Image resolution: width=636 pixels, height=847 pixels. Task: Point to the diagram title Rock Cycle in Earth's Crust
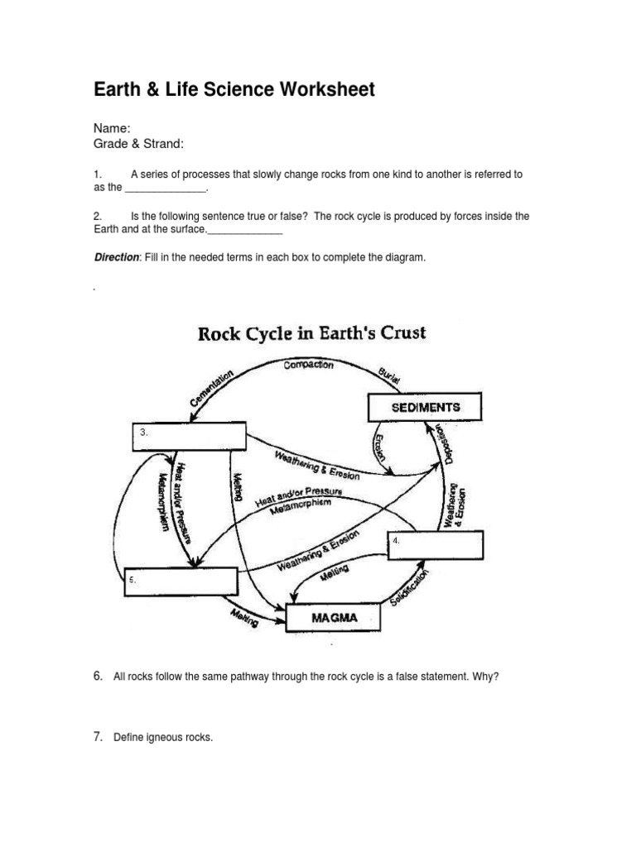tap(311, 334)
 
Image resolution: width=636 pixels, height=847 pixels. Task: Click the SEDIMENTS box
tap(423, 407)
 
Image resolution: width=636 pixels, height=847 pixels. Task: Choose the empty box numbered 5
tap(181, 581)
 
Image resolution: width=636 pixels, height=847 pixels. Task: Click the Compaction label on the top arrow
tap(308, 365)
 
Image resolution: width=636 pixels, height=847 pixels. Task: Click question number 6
tap(98, 677)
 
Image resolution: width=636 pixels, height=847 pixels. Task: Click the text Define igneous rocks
tap(163, 737)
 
